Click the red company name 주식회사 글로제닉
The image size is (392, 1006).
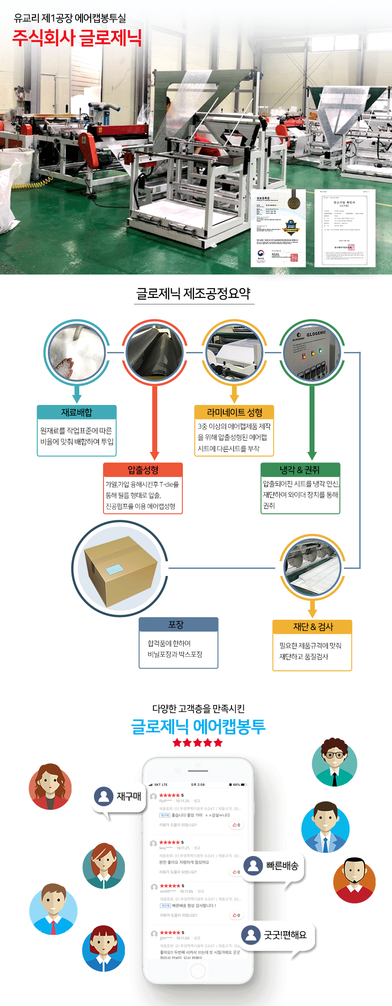tap(77, 38)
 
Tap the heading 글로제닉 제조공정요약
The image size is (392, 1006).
tap(193, 293)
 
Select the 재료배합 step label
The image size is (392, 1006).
tap(77, 412)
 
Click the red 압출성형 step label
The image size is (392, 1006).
tap(143, 470)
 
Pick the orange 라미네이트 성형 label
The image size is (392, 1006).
tap(234, 412)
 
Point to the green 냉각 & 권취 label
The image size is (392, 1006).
tap(300, 470)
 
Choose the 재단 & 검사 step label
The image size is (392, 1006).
tap(312, 627)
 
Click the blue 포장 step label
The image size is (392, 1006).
tap(178, 624)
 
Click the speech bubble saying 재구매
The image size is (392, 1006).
tap(119, 796)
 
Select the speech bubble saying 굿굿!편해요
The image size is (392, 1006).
tap(278, 934)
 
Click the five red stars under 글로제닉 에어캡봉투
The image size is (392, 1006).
tap(197, 743)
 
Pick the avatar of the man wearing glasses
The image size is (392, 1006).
tap(334, 762)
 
